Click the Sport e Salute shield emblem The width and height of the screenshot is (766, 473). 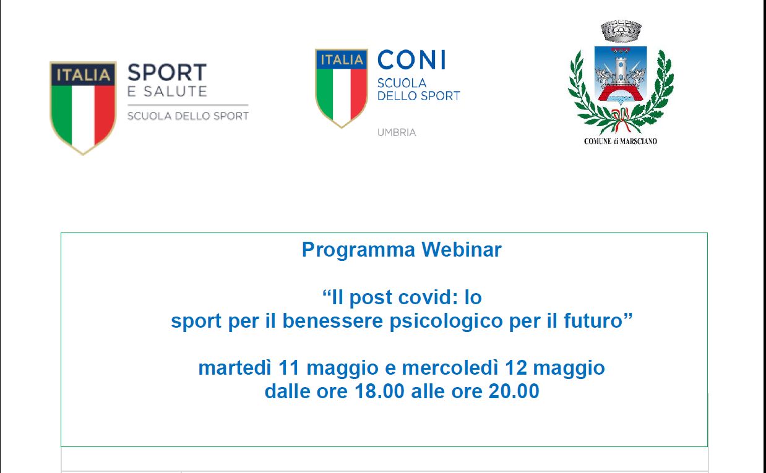click(x=83, y=108)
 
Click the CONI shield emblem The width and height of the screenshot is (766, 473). click(x=342, y=88)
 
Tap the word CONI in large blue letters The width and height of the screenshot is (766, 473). click(x=411, y=60)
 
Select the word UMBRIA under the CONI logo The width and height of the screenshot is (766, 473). click(x=397, y=132)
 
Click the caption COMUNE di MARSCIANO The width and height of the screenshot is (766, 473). click(x=621, y=141)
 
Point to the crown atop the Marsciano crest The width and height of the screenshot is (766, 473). click(x=621, y=30)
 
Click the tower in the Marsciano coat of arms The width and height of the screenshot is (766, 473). click(x=621, y=72)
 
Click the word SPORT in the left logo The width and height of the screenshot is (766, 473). click(x=167, y=72)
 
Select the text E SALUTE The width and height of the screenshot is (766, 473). click(x=167, y=92)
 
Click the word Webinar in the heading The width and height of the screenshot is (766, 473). click(x=462, y=249)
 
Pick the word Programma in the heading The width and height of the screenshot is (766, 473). click(x=358, y=250)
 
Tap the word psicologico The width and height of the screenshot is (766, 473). click(x=446, y=322)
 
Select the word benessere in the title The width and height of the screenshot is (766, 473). click(x=332, y=320)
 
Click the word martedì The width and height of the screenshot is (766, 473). click(x=235, y=368)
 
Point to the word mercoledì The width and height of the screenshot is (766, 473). click(x=450, y=368)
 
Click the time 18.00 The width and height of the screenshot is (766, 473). click(x=379, y=391)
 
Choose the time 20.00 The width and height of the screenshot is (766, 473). click(x=514, y=391)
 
